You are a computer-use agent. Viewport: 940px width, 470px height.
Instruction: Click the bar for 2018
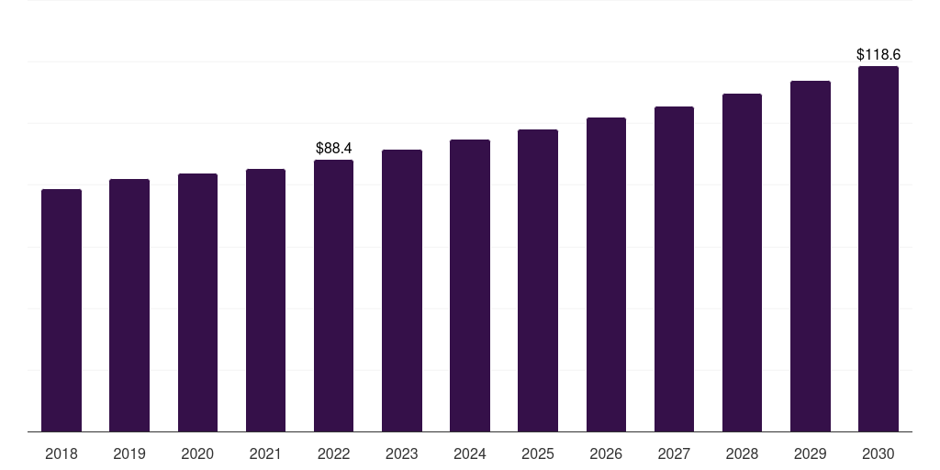tap(62, 310)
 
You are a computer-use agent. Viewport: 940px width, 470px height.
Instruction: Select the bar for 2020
tap(197, 302)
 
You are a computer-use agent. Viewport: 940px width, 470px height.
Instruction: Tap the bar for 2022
tap(333, 296)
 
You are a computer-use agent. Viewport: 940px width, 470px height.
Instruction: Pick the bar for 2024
tap(470, 285)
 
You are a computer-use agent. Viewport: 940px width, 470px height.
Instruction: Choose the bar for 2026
tap(606, 274)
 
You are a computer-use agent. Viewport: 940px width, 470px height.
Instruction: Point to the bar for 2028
tap(742, 263)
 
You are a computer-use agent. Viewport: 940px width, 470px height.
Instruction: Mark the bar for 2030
tap(878, 249)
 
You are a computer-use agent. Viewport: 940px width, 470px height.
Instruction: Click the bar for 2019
tap(129, 305)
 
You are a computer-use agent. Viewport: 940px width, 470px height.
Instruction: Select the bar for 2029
tap(811, 256)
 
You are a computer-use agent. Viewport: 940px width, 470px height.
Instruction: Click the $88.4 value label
tap(333, 148)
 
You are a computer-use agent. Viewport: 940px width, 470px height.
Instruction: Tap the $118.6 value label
tap(878, 55)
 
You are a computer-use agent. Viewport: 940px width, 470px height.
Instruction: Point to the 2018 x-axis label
tap(62, 453)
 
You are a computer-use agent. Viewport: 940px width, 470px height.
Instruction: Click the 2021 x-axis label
tap(265, 453)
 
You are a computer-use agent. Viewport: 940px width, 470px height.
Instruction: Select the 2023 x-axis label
tap(402, 453)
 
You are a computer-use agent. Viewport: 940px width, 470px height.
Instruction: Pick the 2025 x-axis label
tap(538, 453)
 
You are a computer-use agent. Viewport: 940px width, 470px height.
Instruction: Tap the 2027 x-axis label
tap(674, 453)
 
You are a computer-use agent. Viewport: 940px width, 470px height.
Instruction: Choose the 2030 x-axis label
tap(878, 453)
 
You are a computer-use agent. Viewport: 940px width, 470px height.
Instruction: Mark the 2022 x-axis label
tap(333, 453)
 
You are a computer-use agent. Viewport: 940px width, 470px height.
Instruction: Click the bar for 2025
tap(538, 280)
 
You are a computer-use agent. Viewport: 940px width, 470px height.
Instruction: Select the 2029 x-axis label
tap(811, 453)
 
